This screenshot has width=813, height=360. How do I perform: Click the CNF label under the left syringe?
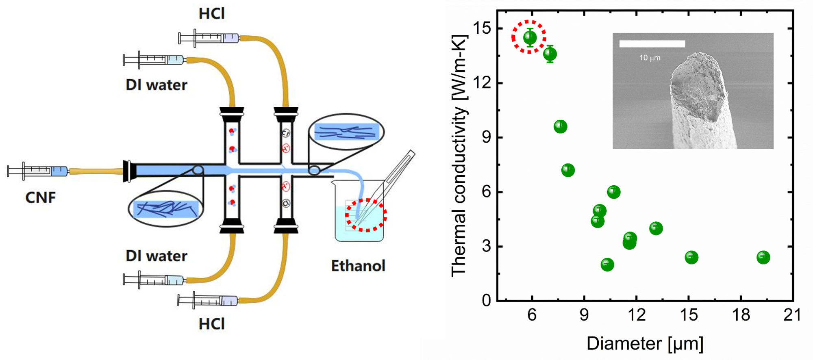coord(40,197)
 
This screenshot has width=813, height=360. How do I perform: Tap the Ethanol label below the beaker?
coord(358,266)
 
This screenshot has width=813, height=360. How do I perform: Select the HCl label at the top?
coord(212,14)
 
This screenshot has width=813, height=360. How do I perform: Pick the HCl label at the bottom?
coord(212,324)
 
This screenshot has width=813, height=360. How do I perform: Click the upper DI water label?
coord(157,85)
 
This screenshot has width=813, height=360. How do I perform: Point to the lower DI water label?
coord(157,256)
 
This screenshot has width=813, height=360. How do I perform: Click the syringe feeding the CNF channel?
coord(38,171)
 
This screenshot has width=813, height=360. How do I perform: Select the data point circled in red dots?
coord(530,38)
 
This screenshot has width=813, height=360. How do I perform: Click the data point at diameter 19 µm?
coord(763,257)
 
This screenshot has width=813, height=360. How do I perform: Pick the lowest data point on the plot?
coord(607,265)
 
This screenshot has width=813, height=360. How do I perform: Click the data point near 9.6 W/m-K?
coord(560,127)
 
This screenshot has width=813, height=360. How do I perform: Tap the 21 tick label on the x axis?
coord(792,315)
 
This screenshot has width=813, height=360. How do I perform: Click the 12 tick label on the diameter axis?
coord(636,315)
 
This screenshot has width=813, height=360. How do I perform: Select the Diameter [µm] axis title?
coord(645,344)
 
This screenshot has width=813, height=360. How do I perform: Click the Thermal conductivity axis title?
coord(459,156)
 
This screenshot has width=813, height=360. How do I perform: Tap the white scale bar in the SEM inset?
coord(652,44)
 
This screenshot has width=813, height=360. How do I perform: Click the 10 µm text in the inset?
coord(650,58)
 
